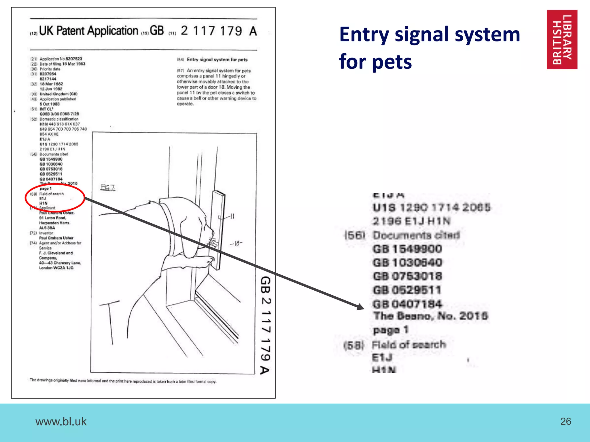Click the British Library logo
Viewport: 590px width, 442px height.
(562, 39)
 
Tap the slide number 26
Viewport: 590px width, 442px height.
(566, 421)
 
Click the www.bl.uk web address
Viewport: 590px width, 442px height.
(61, 422)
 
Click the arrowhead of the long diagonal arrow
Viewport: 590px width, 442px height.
(361, 307)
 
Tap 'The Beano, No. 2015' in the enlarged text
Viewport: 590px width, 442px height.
(430, 316)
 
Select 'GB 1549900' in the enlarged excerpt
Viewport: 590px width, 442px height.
(407, 249)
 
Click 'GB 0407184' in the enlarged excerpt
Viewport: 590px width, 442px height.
(407, 304)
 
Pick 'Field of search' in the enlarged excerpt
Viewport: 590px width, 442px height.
(409, 344)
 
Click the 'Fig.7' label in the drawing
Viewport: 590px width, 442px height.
(108, 187)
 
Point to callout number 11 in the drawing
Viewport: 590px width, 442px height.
(232, 216)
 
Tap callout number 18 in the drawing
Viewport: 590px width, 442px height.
(237, 243)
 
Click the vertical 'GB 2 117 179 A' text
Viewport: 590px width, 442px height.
(265, 325)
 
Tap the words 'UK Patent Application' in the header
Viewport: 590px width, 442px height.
(88, 31)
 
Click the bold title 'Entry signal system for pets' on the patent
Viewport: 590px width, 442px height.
(217, 60)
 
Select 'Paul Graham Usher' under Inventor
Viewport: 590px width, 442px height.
(56, 238)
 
